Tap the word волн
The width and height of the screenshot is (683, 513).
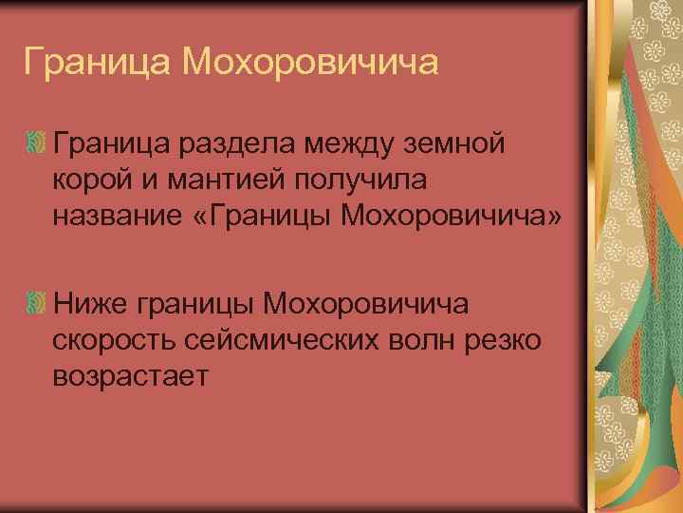click(x=422, y=339)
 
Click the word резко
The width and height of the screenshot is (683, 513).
click(x=507, y=339)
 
